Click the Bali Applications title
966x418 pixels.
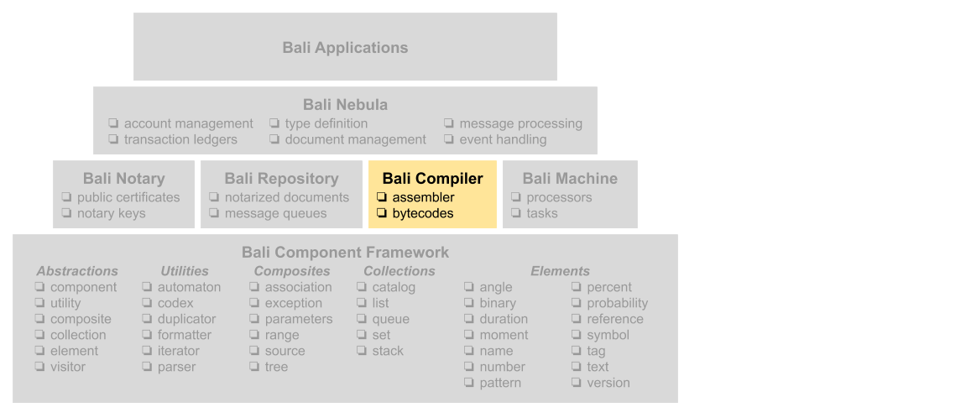(345, 48)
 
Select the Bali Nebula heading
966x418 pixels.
(345, 105)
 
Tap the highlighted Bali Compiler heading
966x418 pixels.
(432, 179)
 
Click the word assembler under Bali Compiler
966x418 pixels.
(423, 197)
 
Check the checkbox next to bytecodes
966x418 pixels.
(382, 213)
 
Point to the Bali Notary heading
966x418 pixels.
(123, 179)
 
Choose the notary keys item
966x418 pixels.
(111, 213)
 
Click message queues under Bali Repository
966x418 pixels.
(275, 213)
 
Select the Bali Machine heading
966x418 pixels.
(569, 179)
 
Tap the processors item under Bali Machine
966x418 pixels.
(559, 197)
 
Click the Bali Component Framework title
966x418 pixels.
(345, 252)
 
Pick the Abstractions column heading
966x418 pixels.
(77, 271)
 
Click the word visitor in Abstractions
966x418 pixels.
(67, 367)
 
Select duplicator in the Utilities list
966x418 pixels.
(186, 319)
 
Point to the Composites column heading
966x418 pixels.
(292, 271)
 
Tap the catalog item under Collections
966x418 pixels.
(394, 287)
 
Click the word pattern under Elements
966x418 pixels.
(500, 383)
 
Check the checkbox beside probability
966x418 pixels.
(577, 303)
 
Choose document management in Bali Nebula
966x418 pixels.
(355, 139)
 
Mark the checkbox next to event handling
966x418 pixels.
(449, 139)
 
